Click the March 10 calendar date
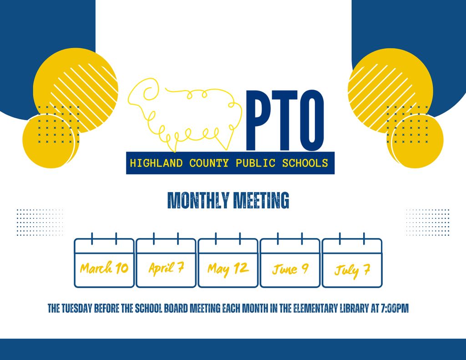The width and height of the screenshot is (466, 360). [104, 268]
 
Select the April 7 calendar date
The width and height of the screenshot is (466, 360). [166, 268]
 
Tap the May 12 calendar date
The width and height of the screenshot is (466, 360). [228, 269]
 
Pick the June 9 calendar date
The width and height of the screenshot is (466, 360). [290, 269]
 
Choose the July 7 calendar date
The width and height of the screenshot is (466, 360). [352, 270]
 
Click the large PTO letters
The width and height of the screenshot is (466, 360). [285, 120]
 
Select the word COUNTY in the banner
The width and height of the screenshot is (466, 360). [209, 163]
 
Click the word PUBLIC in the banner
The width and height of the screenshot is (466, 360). [255, 163]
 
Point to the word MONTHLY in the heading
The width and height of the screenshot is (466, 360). [198, 200]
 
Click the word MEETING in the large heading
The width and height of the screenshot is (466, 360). [261, 200]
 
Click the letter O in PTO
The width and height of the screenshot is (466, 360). [313, 120]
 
